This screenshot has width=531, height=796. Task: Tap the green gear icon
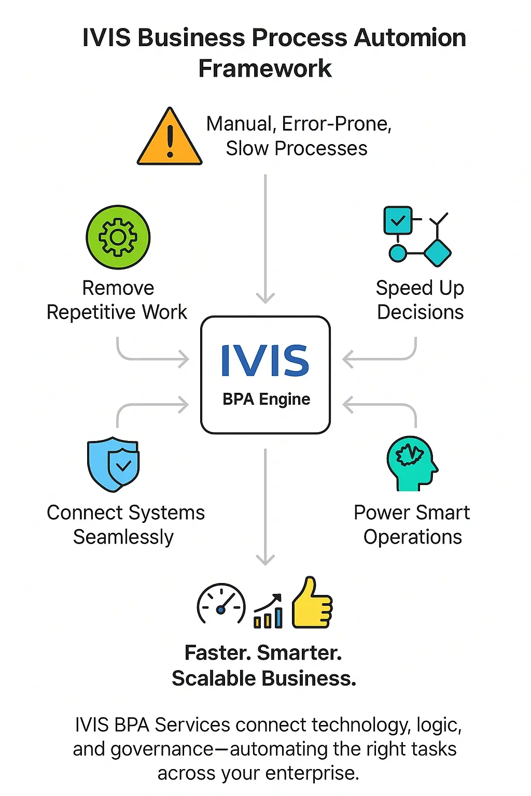pyautogui.click(x=118, y=237)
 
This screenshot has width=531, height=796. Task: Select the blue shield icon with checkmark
pyautogui.click(x=114, y=464)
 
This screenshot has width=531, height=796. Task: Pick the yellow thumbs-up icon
pyautogui.click(x=312, y=604)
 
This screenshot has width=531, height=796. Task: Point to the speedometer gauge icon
pyautogui.click(x=221, y=604)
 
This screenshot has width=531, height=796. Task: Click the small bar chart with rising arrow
pyautogui.click(x=268, y=612)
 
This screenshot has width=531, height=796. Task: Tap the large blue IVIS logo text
pyautogui.click(x=265, y=361)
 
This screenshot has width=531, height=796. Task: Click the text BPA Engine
pyautogui.click(x=266, y=400)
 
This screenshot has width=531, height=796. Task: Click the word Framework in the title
pyautogui.click(x=265, y=69)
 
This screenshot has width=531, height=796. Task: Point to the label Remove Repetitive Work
pyautogui.click(x=117, y=300)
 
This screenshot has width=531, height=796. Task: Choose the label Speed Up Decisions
pyautogui.click(x=420, y=300)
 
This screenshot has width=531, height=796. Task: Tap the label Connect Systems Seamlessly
pyautogui.click(x=125, y=524)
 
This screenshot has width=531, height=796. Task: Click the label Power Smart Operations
pyautogui.click(x=412, y=524)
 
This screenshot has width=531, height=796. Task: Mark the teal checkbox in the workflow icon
pyautogui.click(x=398, y=221)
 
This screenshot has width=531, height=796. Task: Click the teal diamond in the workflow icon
pyautogui.click(x=437, y=253)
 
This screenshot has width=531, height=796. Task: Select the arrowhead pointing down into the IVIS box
pyautogui.click(x=265, y=298)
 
